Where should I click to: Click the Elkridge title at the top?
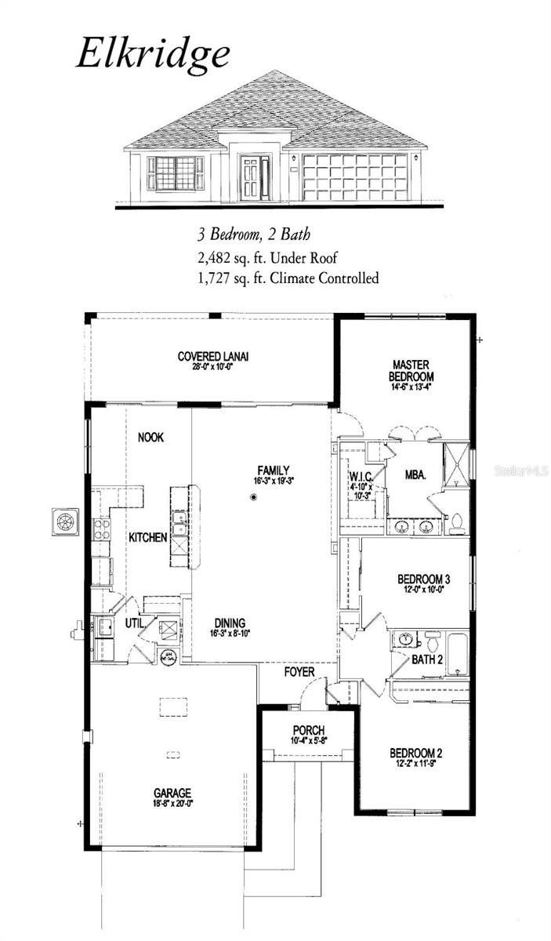[153, 54]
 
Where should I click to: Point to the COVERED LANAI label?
[213, 357]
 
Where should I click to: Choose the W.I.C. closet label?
[361, 476]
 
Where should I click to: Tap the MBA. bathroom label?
[415, 475]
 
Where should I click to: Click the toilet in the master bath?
[456, 522]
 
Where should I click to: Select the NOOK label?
[150, 438]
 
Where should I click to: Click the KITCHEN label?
[148, 537]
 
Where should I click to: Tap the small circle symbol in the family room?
[254, 497]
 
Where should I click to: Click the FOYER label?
[299, 672]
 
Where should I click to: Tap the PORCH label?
[309, 730]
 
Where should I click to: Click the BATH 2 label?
[428, 659]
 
